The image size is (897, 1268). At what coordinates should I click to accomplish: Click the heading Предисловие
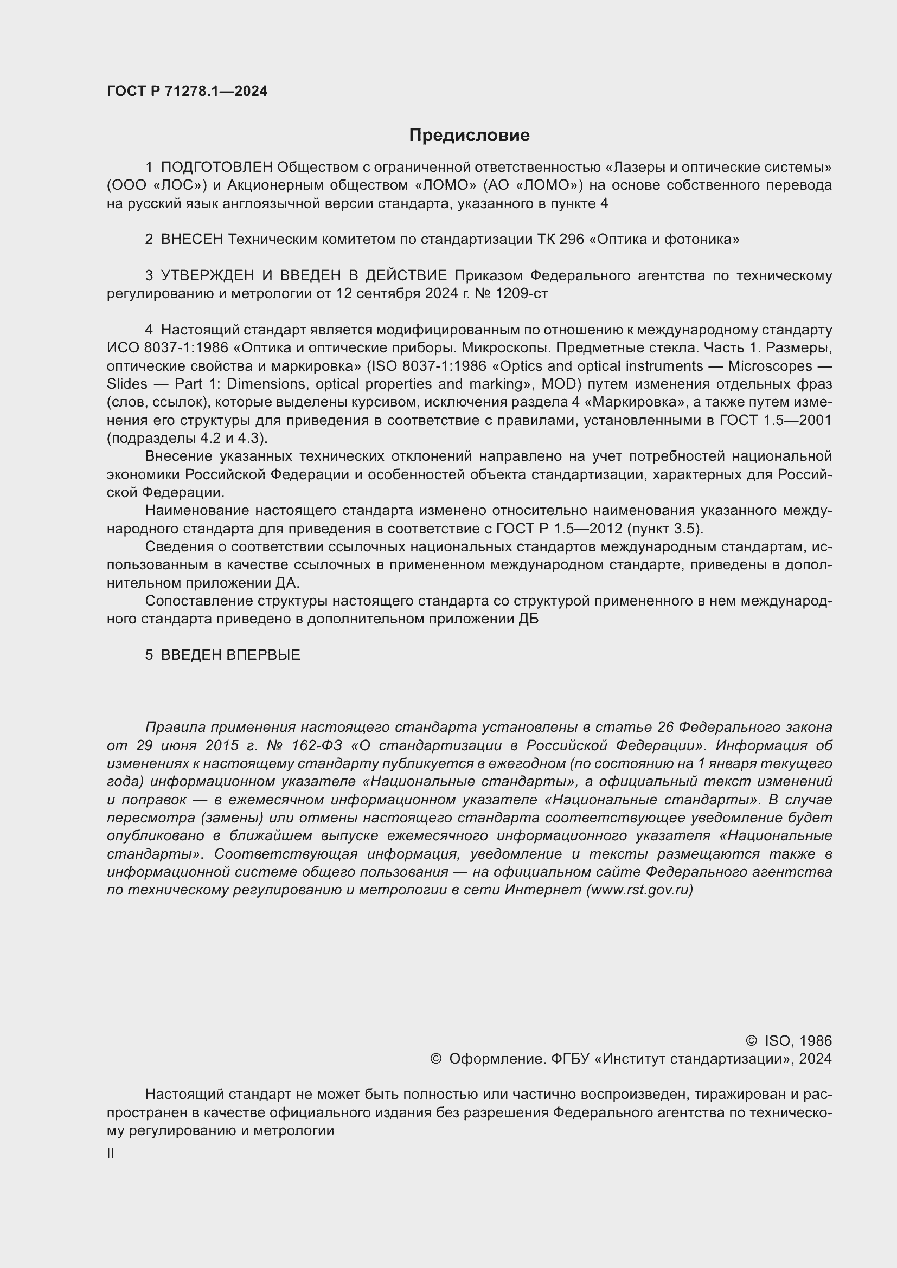pyautogui.click(x=469, y=136)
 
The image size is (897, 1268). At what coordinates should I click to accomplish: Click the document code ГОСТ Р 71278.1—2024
pyautogui.click(x=187, y=92)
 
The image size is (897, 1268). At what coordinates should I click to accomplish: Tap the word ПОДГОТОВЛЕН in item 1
pyautogui.click(x=216, y=168)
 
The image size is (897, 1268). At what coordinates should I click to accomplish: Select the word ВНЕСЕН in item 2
pyautogui.click(x=191, y=240)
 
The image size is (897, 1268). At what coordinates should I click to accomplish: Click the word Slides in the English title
pyautogui.click(x=127, y=384)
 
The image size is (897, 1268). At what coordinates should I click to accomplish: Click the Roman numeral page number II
pyautogui.click(x=111, y=1154)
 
